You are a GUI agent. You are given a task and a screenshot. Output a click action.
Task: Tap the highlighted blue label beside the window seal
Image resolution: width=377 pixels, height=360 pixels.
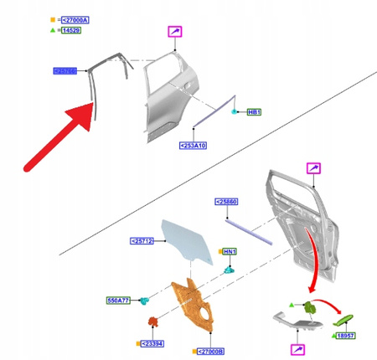point(65,71)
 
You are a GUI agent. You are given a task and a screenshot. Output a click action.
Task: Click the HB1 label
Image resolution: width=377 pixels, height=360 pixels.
point(254,111)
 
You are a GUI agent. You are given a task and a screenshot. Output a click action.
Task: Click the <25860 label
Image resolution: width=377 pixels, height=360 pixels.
point(226,202)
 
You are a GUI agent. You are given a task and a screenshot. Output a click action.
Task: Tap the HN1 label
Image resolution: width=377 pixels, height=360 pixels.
point(229,251)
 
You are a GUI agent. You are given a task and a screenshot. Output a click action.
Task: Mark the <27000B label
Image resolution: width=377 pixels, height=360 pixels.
point(209,352)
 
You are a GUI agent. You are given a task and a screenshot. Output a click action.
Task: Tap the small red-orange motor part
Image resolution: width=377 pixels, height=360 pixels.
point(152,321)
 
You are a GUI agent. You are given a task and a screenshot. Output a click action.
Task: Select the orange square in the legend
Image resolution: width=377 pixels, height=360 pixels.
point(54,18)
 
